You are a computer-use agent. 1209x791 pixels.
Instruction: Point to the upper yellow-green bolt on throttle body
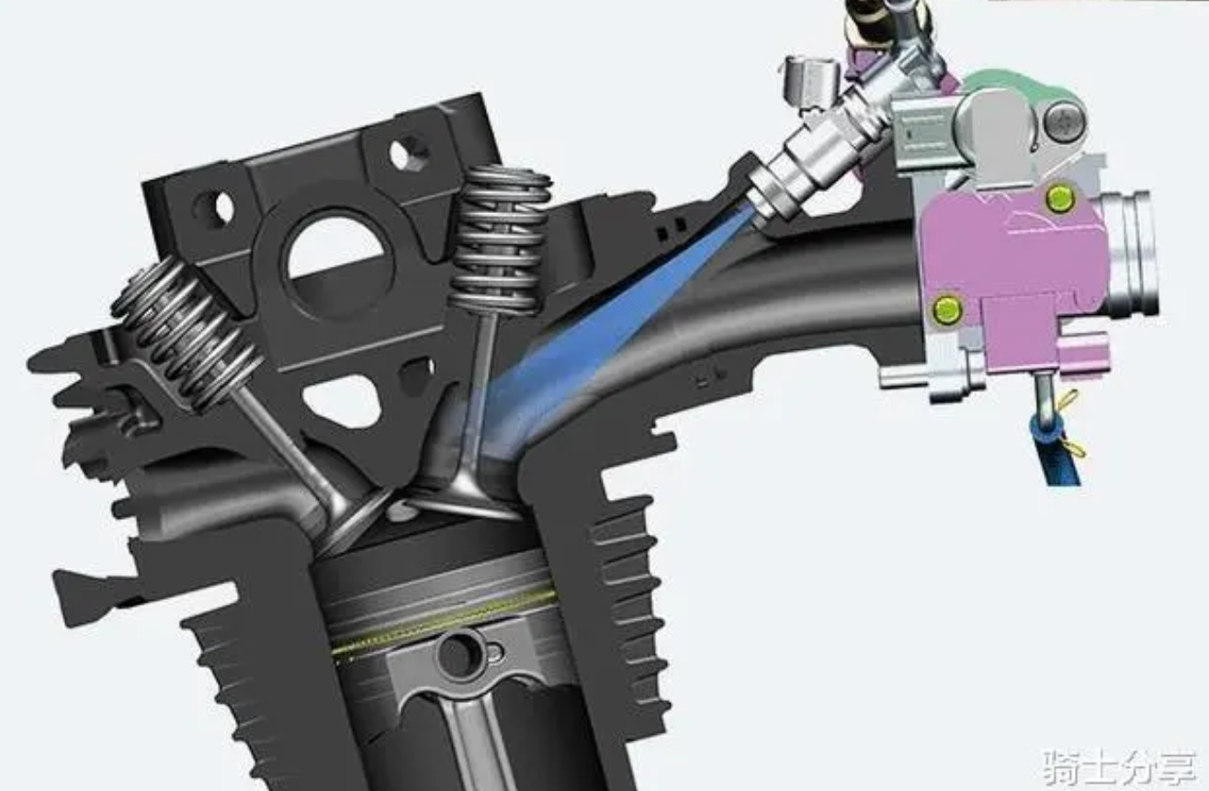1059,197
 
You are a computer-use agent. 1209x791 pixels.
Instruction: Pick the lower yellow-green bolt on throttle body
946,311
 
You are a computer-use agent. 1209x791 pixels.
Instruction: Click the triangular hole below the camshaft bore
341,401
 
